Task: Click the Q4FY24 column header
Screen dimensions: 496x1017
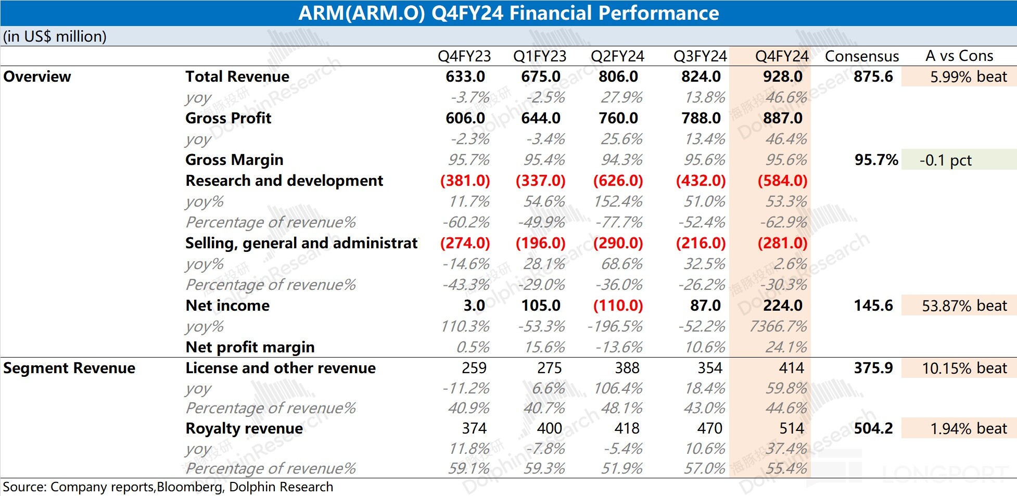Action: tap(782, 56)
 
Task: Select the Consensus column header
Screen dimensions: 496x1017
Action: tap(862, 56)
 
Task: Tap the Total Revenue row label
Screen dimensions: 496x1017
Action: tap(237, 77)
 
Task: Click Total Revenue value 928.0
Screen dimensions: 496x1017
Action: tap(782, 77)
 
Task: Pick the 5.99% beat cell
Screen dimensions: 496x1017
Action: tap(968, 77)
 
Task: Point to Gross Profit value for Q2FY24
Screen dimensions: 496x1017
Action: tap(618, 118)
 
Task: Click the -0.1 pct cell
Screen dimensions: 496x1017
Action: tap(945, 160)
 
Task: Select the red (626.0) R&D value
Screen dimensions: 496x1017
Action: tap(618, 181)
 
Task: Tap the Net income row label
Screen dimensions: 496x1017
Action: tap(227, 306)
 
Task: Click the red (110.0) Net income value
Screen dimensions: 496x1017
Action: tap(618, 306)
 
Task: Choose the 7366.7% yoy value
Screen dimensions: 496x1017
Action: tap(778, 326)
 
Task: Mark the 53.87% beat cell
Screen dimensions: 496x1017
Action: tap(964, 306)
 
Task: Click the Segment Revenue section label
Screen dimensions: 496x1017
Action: tap(69, 368)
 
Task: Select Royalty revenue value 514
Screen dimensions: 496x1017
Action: tap(791, 428)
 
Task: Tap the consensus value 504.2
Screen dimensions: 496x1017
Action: tap(873, 428)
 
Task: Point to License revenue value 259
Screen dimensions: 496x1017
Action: tap(474, 368)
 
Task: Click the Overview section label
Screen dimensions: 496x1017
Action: tap(37, 77)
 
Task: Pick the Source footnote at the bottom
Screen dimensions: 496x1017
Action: tap(168, 487)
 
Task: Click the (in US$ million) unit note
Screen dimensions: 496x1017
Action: tap(55, 36)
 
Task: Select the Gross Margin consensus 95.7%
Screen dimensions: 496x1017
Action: tap(876, 160)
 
